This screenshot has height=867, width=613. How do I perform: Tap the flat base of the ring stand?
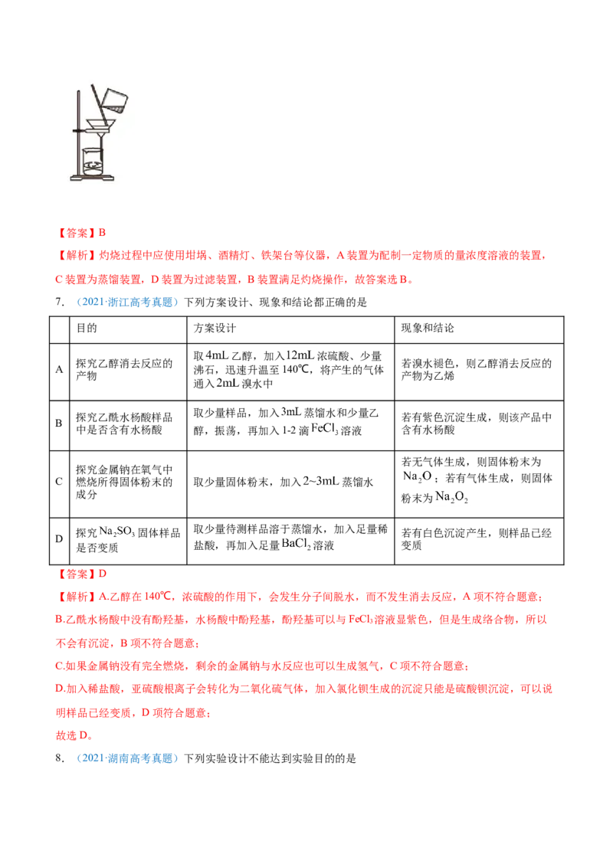click(91, 178)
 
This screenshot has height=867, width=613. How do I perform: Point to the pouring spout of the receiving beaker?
click(84, 150)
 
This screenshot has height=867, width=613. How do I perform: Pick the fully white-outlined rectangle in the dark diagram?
click(299, 354)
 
